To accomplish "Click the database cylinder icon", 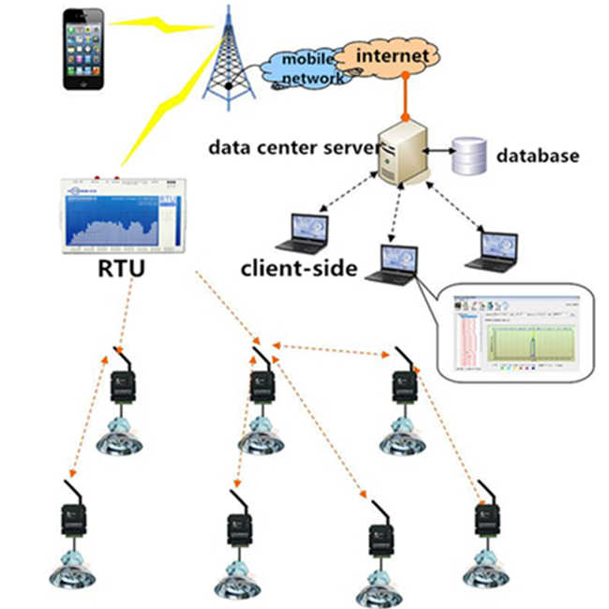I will tap(468, 156).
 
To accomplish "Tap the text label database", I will tap(537, 156).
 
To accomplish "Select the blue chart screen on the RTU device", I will tap(111, 221).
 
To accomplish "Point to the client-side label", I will tap(299, 269).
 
